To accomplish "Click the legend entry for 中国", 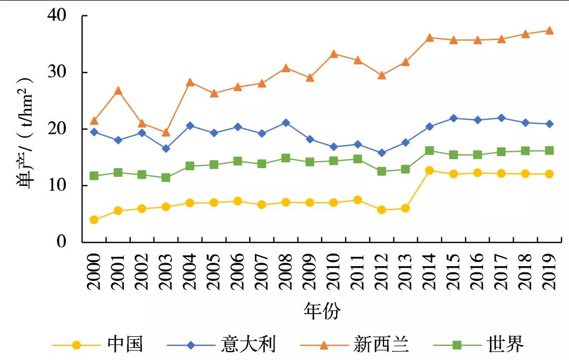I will (x=125, y=345).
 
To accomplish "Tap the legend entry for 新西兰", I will (x=381, y=345).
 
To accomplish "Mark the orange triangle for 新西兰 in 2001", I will (x=118, y=91).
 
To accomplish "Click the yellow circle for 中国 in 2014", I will (x=429, y=170).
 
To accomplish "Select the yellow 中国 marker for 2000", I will (x=94, y=220).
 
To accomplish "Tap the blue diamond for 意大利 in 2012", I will (x=381, y=153).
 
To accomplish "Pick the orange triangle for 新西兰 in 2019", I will (x=550, y=31).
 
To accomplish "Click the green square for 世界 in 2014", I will (x=429, y=151).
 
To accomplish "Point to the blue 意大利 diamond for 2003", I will (x=166, y=149).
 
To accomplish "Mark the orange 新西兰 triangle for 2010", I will (x=333, y=54).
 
